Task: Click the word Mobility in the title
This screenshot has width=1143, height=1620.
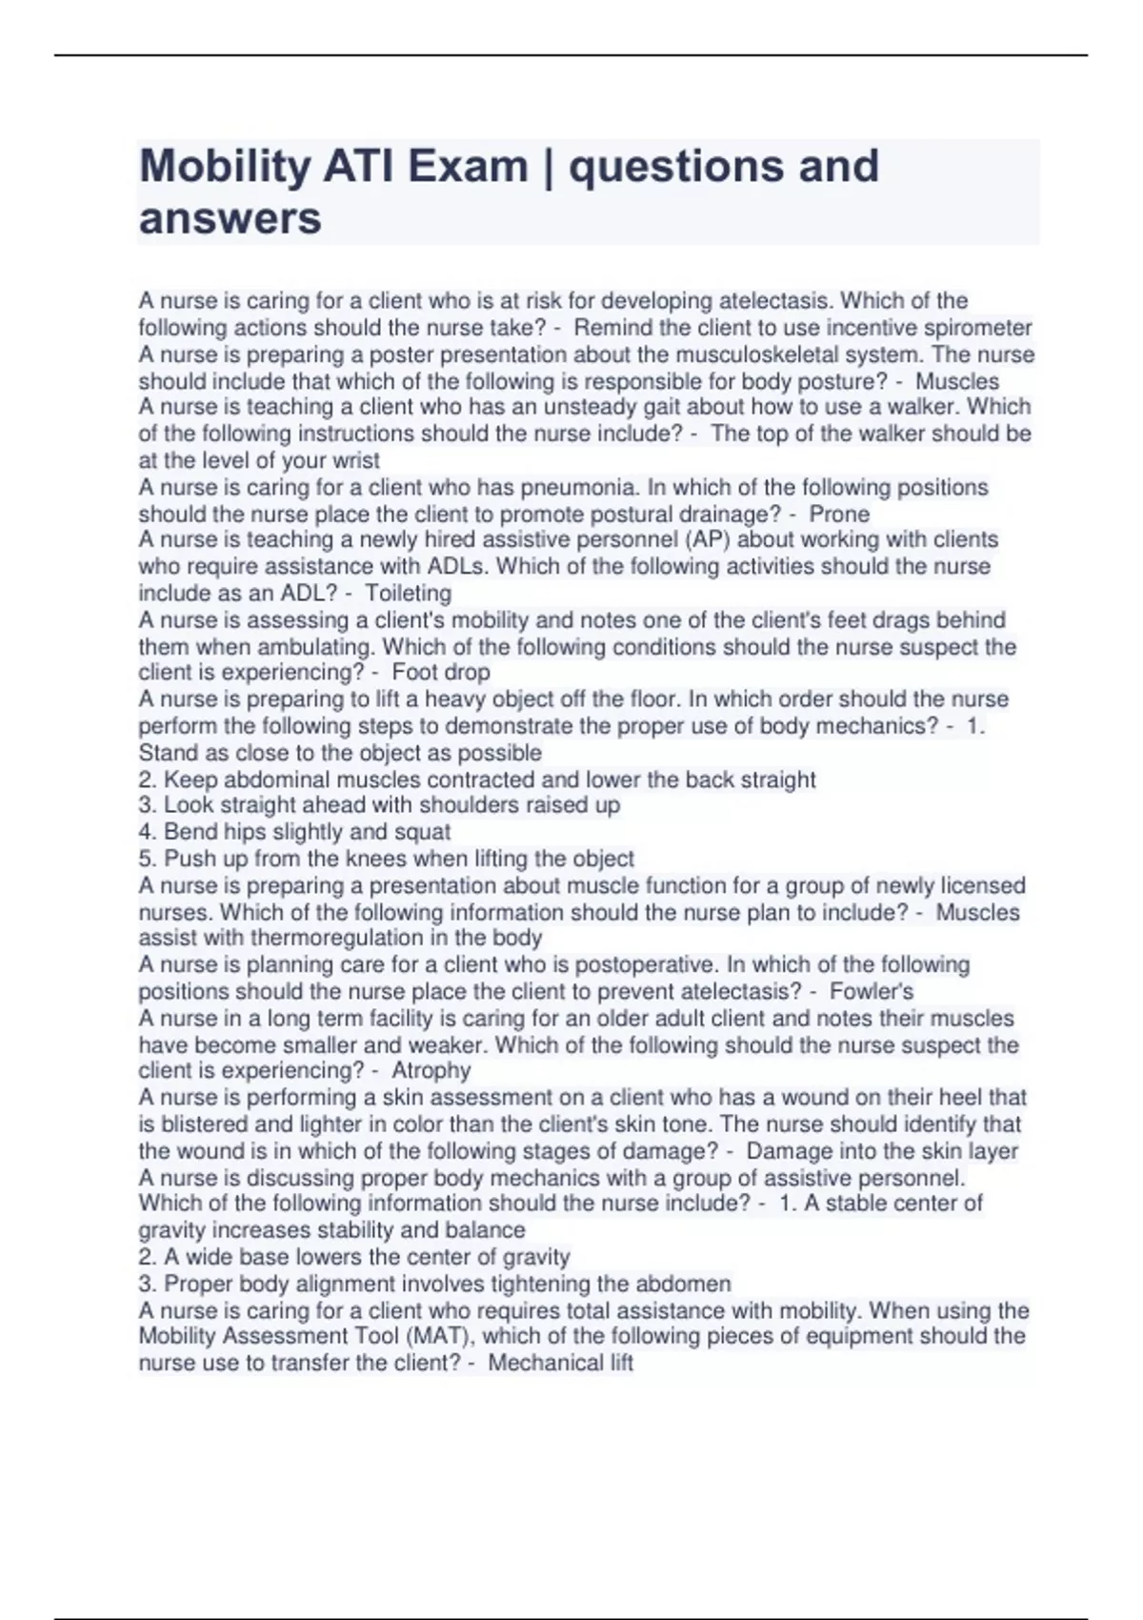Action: click(x=225, y=167)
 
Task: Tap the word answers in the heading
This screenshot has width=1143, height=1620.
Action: click(x=231, y=218)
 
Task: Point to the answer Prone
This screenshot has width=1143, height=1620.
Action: click(x=839, y=515)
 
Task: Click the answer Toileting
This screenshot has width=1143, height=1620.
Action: click(x=409, y=593)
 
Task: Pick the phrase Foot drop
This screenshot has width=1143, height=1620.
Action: click(x=441, y=672)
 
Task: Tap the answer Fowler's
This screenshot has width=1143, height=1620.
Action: click(x=872, y=991)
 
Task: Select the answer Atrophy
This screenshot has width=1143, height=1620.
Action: click(x=431, y=1070)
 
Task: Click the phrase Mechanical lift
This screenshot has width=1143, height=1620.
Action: click(x=560, y=1363)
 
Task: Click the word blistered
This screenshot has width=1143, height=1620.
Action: click(x=211, y=1124)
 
